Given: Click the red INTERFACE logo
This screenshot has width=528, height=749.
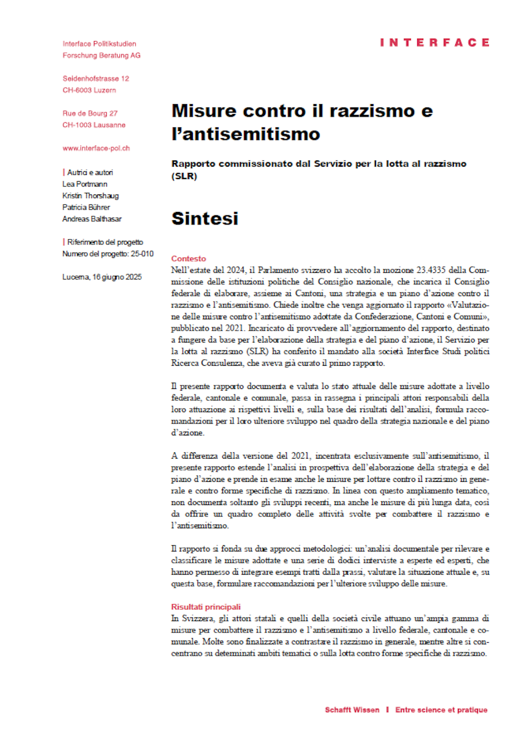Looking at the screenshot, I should (434, 42).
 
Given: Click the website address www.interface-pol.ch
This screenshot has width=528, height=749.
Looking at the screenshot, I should (96, 148).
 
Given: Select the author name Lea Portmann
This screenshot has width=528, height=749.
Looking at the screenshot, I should (85, 184).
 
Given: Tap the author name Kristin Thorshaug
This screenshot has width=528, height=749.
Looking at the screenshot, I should (90, 196).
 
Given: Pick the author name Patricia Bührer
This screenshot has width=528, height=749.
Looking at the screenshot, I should (86, 207).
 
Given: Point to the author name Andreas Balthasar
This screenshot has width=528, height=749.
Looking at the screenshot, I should (92, 219).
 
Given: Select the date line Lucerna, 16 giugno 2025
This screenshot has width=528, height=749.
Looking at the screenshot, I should (102, 277).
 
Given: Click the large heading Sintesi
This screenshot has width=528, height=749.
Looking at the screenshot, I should (205, 218).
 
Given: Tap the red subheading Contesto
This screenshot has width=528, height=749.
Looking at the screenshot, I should (188, 258).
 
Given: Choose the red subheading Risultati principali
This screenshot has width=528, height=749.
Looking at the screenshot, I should (206, 607).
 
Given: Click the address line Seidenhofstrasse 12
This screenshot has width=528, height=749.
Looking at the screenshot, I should (96, 78).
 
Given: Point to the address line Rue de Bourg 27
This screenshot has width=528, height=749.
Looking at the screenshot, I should (90, 113).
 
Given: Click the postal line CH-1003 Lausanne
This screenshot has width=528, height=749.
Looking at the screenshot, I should (94, 125).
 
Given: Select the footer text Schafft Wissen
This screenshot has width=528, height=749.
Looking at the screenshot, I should (352, 710).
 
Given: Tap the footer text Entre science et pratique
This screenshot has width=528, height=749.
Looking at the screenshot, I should (441, 710).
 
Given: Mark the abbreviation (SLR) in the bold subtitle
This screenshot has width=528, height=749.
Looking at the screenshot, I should (184, 176).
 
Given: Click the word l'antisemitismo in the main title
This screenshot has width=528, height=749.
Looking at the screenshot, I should (245, 134).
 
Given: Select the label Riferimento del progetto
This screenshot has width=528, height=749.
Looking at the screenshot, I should (105, 242).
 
